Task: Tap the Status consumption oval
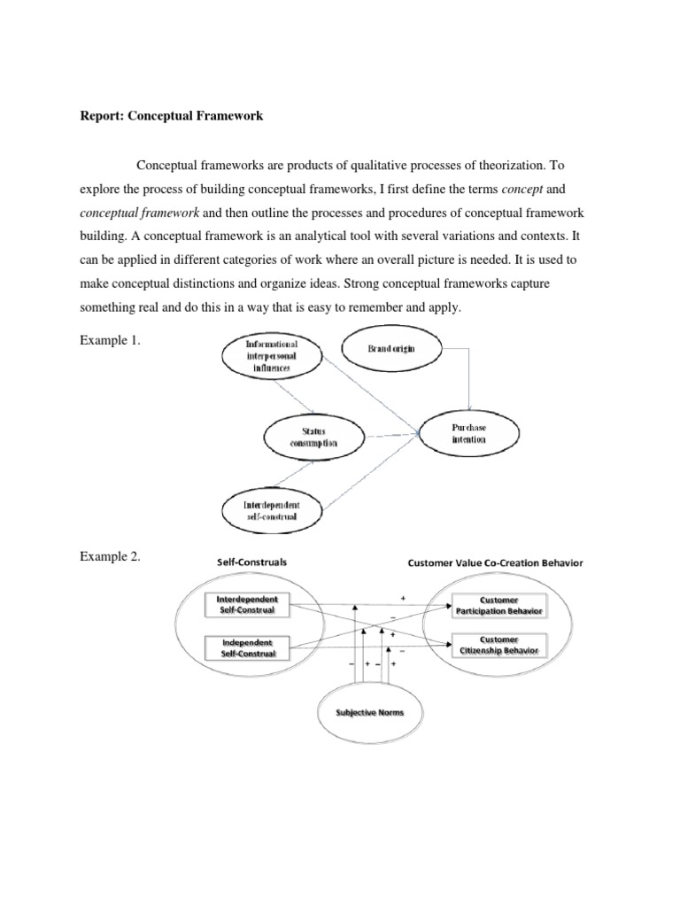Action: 315,438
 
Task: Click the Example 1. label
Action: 110,340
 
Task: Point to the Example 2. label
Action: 110,556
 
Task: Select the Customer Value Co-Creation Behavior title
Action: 495,562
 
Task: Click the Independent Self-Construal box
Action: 247,647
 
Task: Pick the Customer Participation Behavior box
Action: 498,605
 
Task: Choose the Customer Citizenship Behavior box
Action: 498,645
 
